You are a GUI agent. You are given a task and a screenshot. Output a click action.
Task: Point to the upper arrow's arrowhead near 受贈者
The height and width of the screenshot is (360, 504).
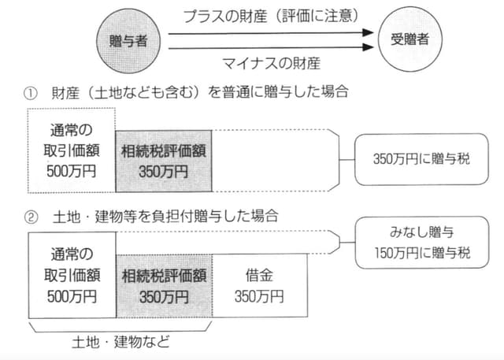click(x=366, y=33)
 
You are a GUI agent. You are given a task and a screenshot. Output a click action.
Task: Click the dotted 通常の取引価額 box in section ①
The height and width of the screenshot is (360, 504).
click(x=71, y=149)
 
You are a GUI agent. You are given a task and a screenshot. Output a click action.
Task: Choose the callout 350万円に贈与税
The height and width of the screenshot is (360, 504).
click(x=422, y=158)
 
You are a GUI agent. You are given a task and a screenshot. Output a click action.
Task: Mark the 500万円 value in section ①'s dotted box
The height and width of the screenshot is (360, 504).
click(x=72, y=169)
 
